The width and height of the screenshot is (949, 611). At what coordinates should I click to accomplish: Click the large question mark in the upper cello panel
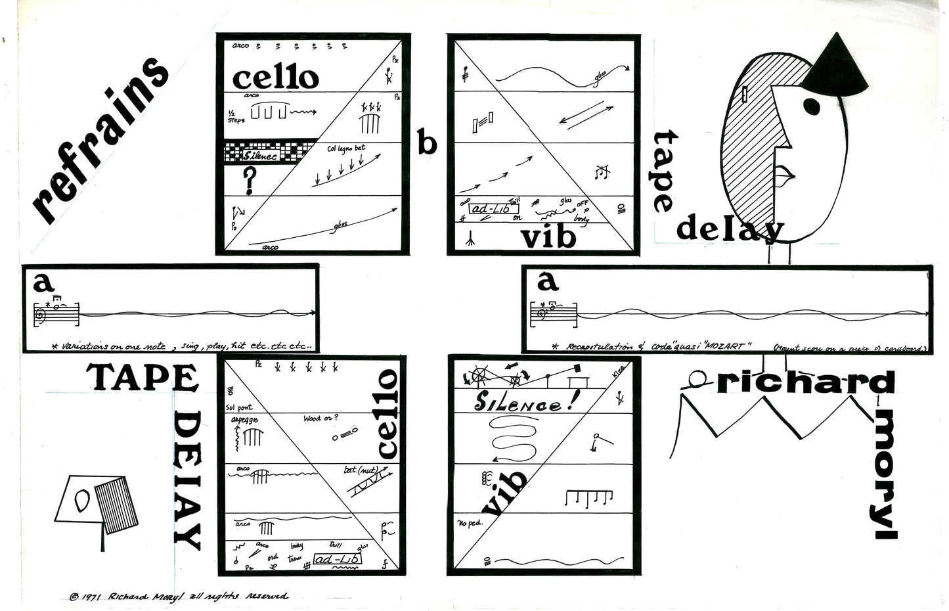(x=249, y=181)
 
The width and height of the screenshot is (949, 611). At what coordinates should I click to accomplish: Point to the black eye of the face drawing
(x=812, y=105)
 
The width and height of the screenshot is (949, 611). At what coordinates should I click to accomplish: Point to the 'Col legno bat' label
(x=345, y=148)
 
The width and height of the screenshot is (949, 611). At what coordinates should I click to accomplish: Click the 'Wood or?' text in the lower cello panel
(x=321, y=419)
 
